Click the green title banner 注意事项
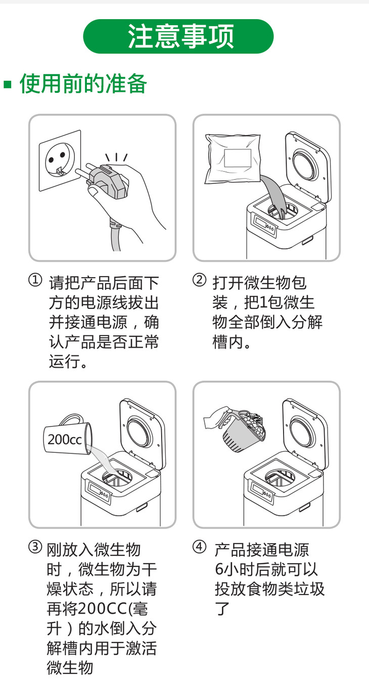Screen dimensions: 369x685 pos(178,36)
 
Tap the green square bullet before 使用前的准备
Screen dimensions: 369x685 pos(8,84)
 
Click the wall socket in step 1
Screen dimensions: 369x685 pos(60,161)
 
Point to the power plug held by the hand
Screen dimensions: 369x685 pos(106,180)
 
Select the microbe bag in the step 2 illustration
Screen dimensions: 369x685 pos(232,159)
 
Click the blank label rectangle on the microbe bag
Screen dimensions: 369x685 pos(238,158)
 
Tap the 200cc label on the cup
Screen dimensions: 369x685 pos(65,440)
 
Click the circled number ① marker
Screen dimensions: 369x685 pos(35,280)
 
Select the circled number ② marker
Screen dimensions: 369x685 pos(199,280)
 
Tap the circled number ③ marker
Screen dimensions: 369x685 pos(35,547)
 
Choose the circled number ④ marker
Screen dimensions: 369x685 pos(199,547)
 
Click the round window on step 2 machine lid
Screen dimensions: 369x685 pos(304,166)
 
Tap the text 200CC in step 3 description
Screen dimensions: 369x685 pos(102,608)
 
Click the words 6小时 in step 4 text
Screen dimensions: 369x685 pos(235,569)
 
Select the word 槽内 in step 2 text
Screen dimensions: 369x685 pos(228,342)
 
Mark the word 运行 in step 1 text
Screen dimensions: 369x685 pos(65,361)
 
